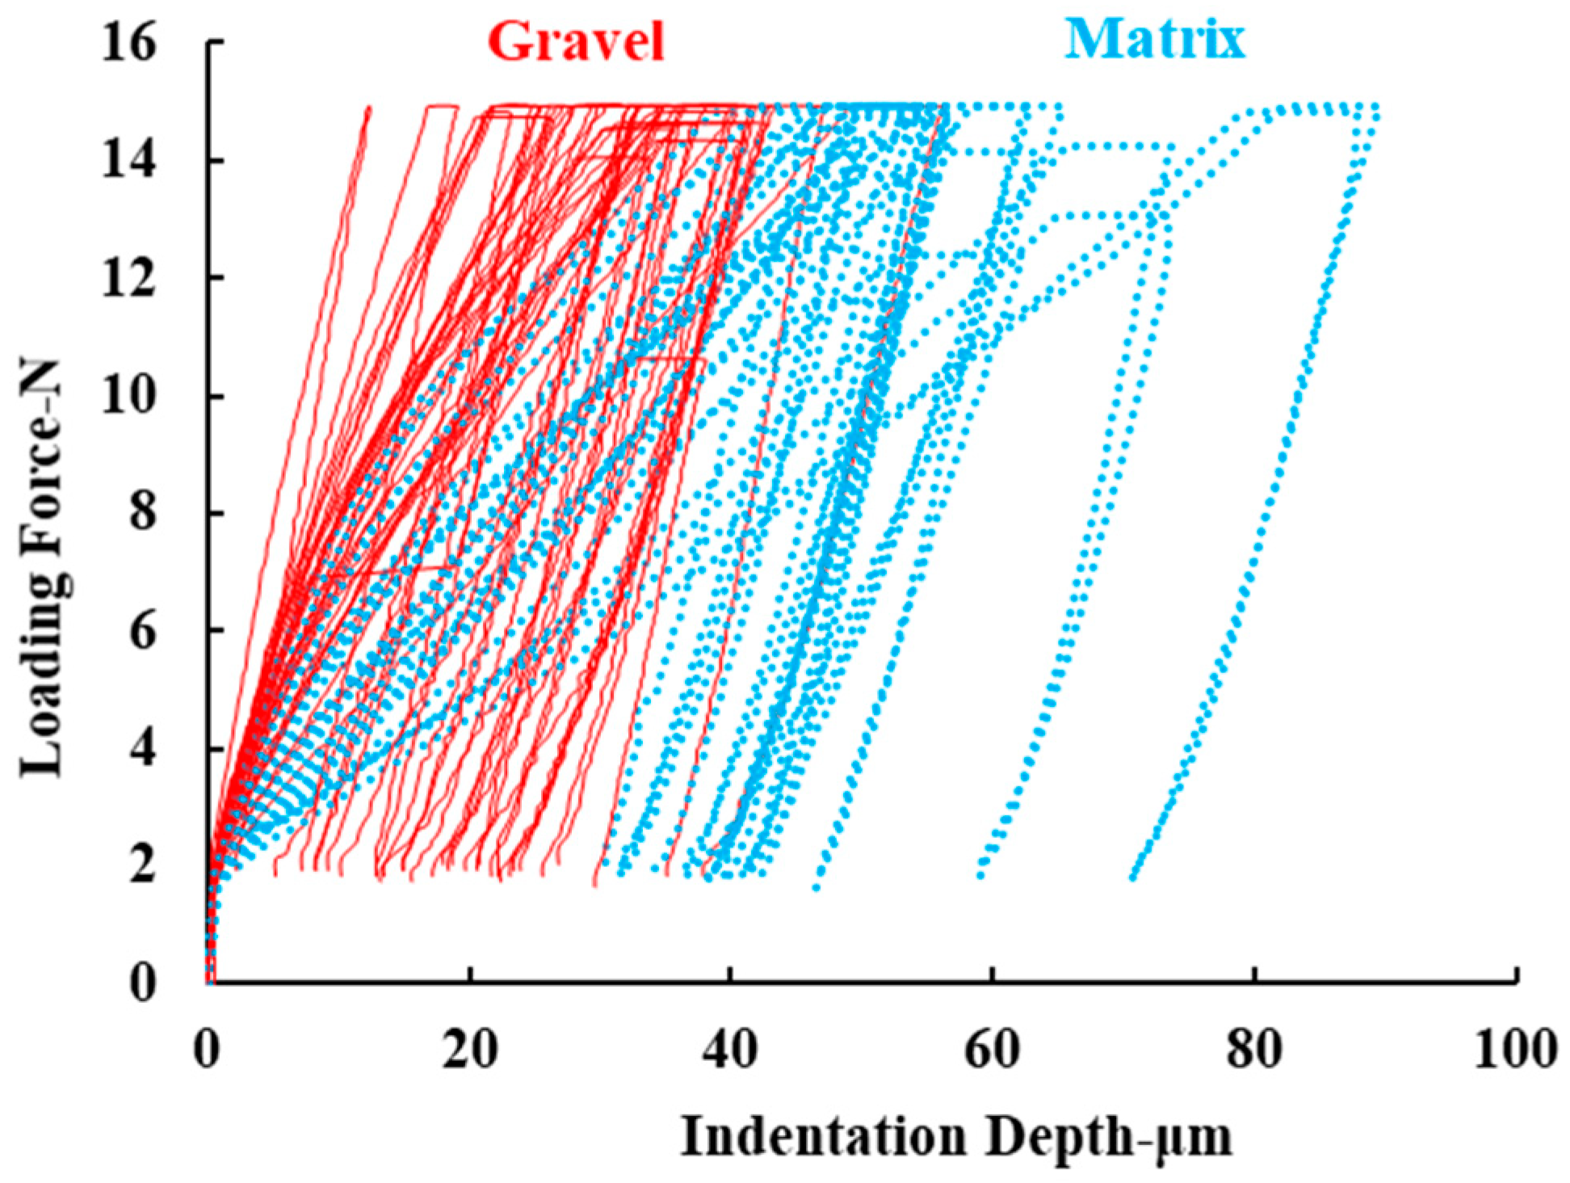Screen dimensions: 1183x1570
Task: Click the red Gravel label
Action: click(x=576, y=40)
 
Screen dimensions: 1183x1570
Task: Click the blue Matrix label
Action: click(x=1155, y=38)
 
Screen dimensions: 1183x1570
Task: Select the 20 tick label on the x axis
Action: click(x=470, y=1050)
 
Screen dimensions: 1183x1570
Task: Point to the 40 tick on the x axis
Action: click(x=732, y=1050)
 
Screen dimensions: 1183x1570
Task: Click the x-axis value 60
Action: click(x=993, y=1050)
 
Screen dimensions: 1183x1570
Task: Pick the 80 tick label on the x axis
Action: click(x=1254, y=1050)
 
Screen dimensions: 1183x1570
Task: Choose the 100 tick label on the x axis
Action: click(x=1513, y=1050)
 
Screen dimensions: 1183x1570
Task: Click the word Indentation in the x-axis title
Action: click(x=823, y=1138)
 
